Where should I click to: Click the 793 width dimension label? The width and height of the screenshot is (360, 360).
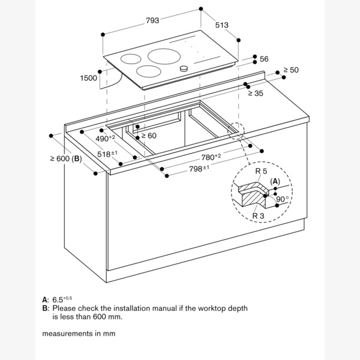click(152, 20)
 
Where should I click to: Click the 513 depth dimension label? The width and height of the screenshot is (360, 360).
click(222, 25)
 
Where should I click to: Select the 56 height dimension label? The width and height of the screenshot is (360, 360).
click(264, 59)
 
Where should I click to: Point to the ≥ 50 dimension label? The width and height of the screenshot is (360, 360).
click(290, 70)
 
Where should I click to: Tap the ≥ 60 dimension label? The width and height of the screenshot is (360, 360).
click(148, 136)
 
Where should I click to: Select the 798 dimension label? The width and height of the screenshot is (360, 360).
click(199, 168)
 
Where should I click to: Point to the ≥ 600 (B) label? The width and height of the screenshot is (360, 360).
click(66, 159)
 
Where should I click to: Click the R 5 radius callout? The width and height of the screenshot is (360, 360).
click(262, 172)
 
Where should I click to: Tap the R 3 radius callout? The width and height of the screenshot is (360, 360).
click(259, 215)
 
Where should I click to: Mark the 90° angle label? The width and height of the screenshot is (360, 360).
click(283, 199)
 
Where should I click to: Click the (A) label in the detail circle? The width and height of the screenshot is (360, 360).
click(275, 181)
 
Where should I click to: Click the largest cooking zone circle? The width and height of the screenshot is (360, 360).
click(163, 58)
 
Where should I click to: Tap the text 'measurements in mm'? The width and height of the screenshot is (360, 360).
click(78, 333)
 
